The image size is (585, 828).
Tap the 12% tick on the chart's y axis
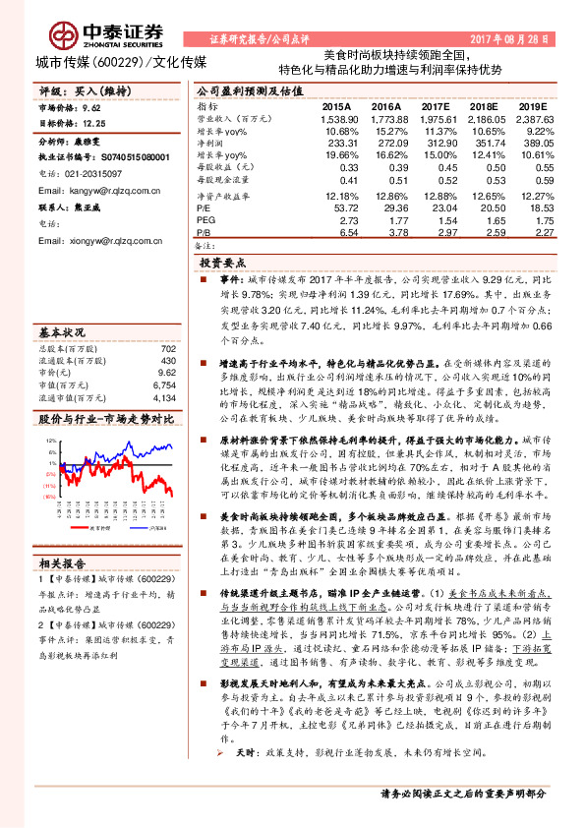click(49, 443)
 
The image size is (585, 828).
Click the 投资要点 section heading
click(224, 265)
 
